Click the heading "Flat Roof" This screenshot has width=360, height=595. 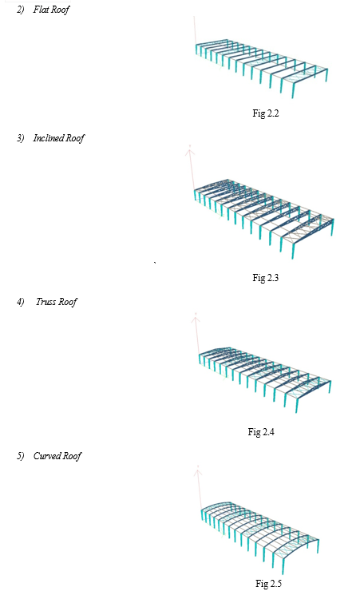coord(51,10)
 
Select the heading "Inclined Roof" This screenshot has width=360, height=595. coord(59,138)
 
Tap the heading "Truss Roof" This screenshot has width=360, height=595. coord(57,302)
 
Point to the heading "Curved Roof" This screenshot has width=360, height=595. coord(57,456)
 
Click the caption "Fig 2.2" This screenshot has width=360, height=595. coord(266,113)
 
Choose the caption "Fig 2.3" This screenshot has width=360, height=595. coord(266,278)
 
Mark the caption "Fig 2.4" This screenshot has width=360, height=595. coord(261,432)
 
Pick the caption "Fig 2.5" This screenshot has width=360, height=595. coord(268,584)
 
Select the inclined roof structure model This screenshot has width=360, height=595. coord(263,216)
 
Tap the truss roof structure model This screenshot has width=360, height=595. coord(265,378)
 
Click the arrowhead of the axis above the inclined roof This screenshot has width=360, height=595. coord(190,152)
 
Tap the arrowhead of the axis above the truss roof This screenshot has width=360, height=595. coord(196,318)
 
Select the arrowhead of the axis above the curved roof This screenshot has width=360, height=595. coord(198,471)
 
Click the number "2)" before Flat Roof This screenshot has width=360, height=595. coord(21,10)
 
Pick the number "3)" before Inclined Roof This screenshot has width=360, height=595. coord(21,138)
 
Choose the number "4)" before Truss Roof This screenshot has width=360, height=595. coord(21,302)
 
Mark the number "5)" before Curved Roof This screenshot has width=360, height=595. coord(21,456)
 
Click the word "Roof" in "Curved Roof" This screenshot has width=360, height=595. coord(72,456)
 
